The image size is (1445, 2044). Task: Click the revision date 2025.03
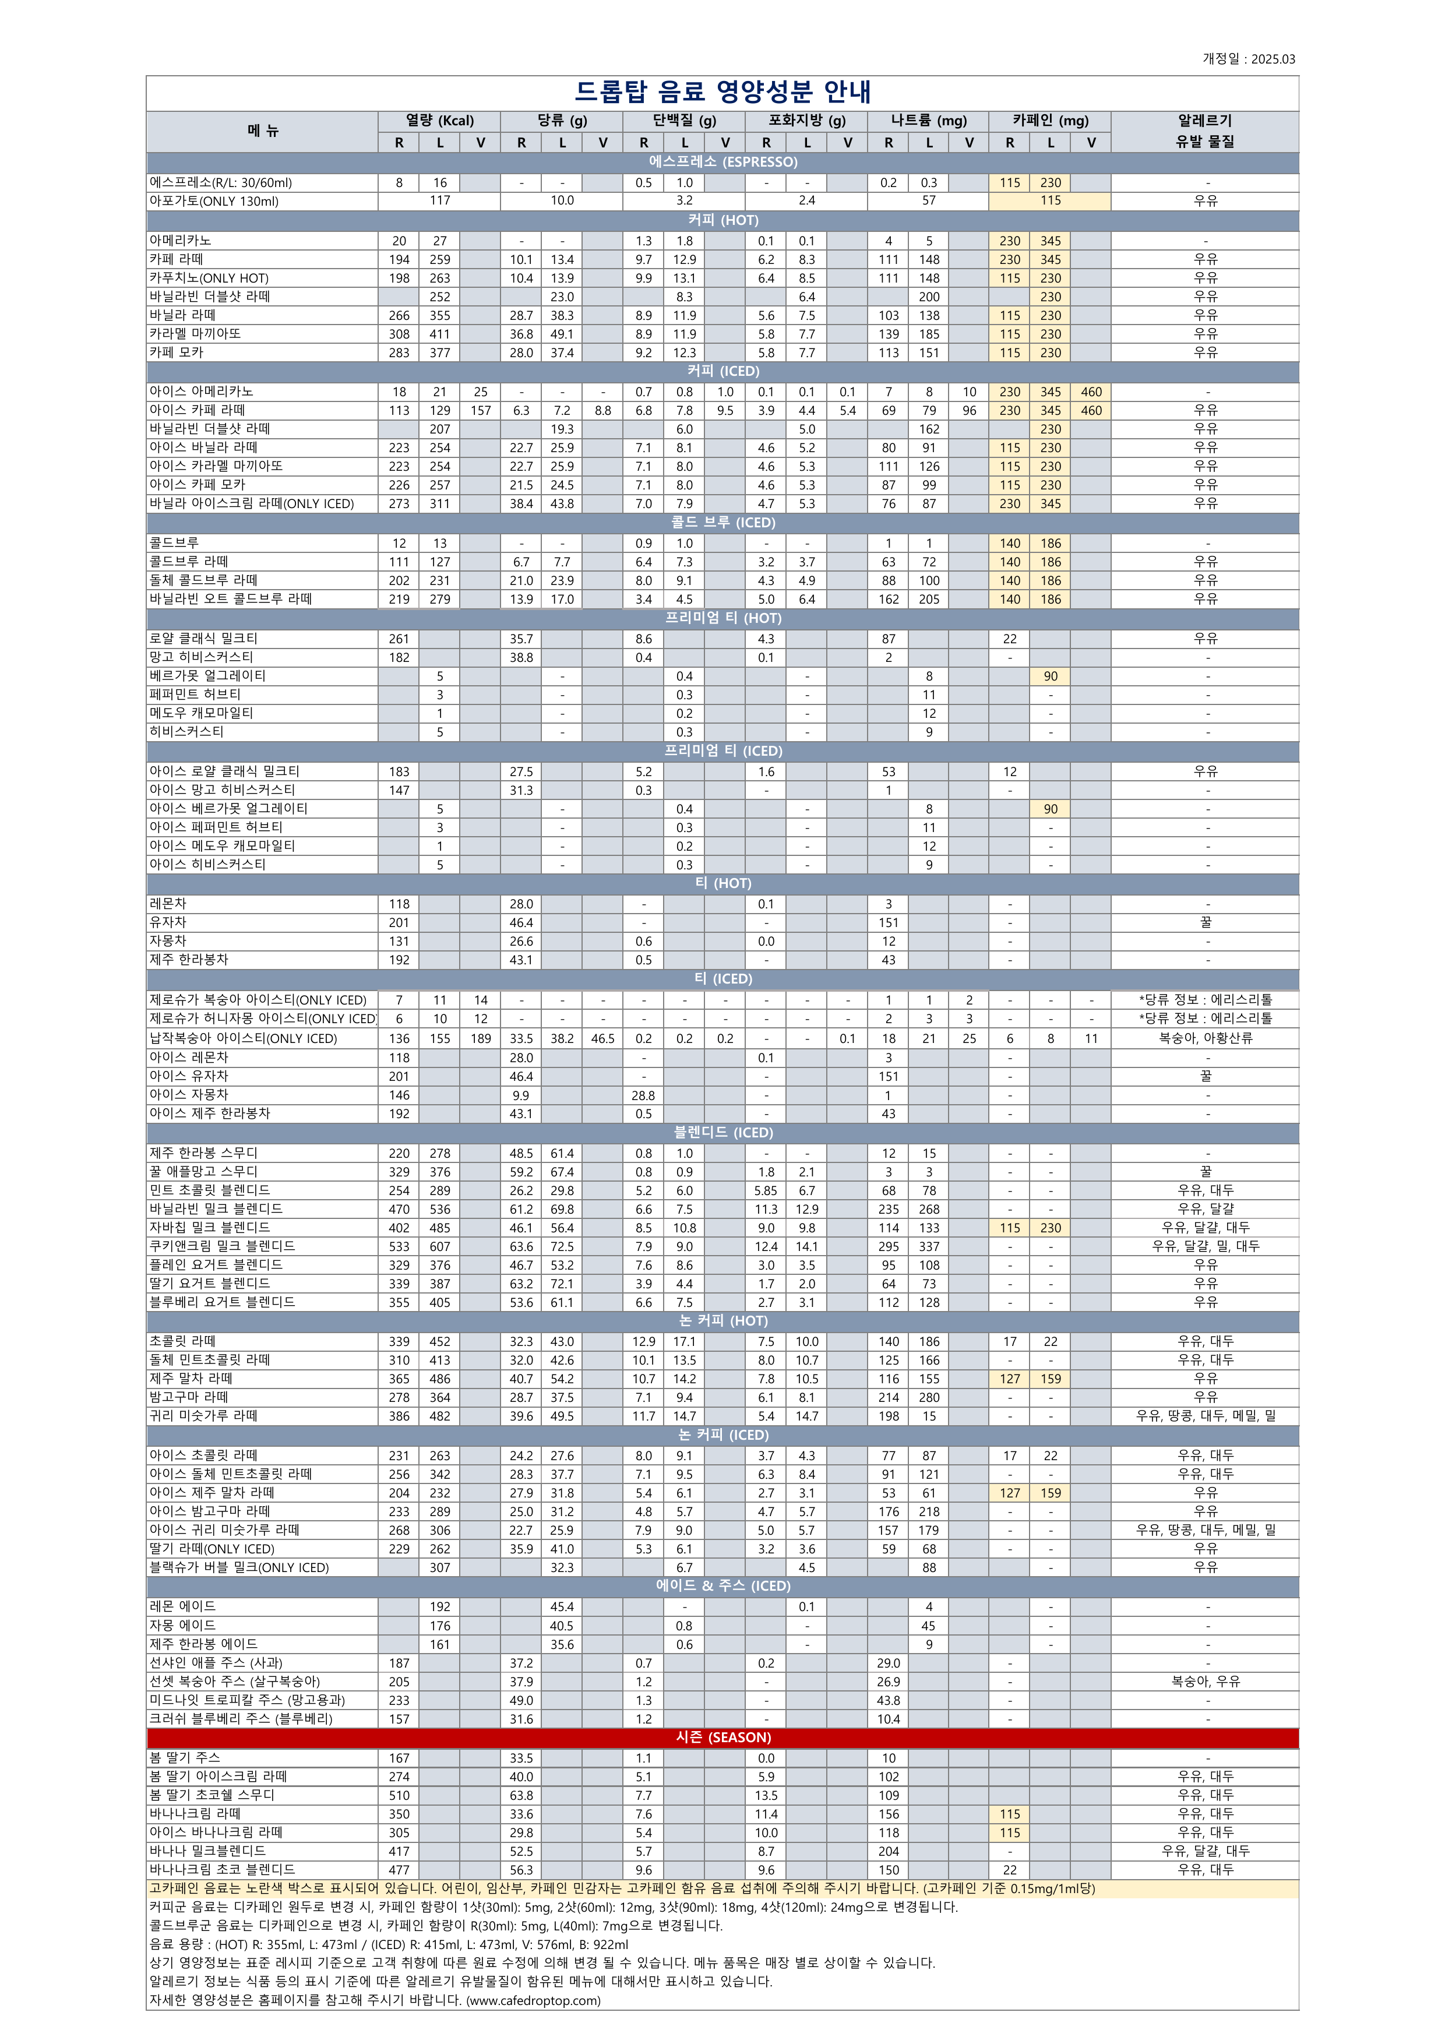click(1273, 59)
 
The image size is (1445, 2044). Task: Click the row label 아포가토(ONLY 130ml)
click(214, 201)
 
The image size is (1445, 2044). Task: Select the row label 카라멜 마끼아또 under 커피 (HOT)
click(195, 334)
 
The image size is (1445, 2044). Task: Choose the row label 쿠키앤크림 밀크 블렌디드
click(223, 1246)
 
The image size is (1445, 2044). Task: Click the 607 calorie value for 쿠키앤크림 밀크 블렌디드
click(440, 1246)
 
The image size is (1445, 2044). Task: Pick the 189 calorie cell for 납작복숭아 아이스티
click(481, 1038)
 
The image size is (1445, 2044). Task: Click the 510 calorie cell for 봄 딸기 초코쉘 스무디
click(399, 1795)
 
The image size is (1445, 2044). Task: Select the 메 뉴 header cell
click(263, 131)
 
